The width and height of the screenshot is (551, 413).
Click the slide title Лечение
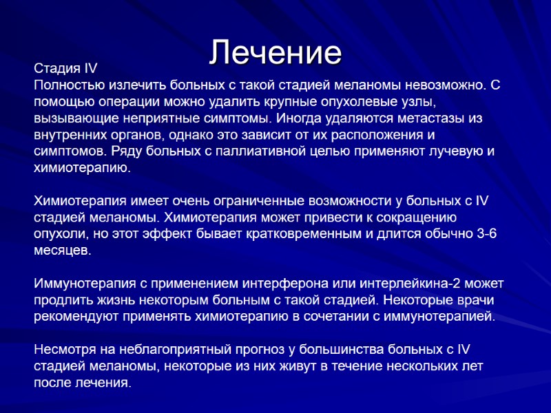coord(275,52)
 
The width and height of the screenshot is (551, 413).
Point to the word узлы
coord(420,102)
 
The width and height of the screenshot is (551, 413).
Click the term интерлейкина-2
coord(397,284)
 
